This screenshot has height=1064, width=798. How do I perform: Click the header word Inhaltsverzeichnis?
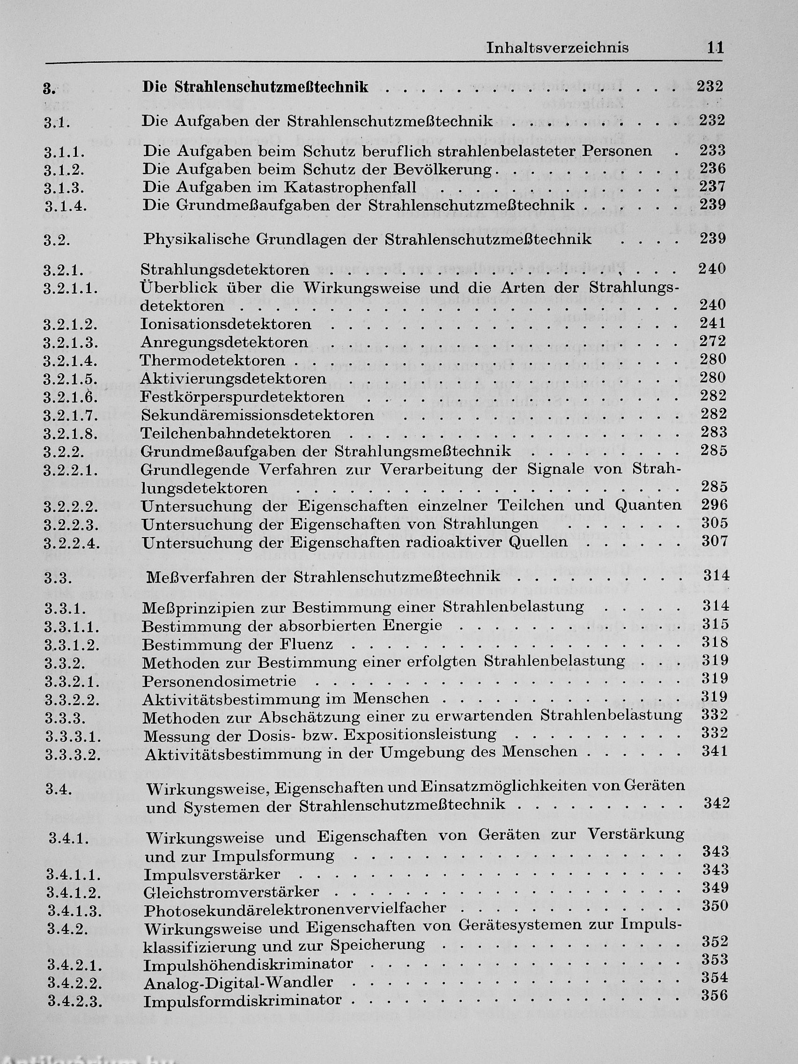pos(557,48)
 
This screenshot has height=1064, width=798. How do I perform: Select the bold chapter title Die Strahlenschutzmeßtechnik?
pos(255,87)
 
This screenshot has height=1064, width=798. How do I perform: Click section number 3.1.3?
pos(65,188)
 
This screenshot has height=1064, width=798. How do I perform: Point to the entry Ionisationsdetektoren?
pos(226,324)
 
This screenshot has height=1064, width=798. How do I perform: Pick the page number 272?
pos(712,341)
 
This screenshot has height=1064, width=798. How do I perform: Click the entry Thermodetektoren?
pos(212,360)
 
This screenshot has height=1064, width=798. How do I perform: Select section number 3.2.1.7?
pos(70,415)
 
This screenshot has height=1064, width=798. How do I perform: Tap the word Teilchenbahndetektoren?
pos(235,433)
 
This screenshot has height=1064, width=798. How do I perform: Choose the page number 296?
pos(714,504)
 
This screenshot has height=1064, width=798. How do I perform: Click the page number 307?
pos(714,541)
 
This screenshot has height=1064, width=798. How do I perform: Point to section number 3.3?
pos(58,578)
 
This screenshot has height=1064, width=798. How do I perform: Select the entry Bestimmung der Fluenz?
pos(237,644)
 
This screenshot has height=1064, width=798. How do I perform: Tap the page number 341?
pos(715,751)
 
